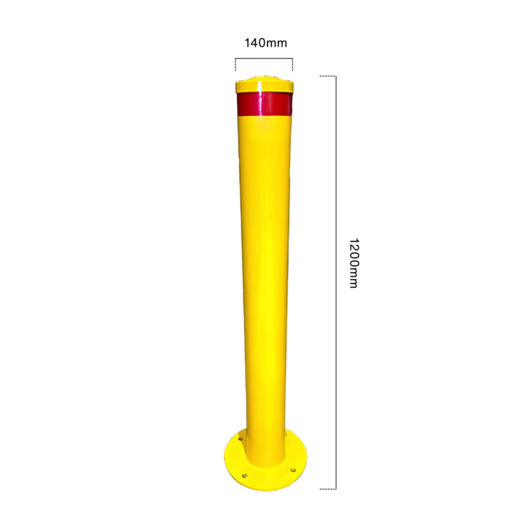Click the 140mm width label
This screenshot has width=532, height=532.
(x=265, y=43)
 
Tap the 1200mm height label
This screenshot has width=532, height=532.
(x=354, y=263)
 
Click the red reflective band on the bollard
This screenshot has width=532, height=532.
(x=264, y=104)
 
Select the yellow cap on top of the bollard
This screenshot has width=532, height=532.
(x=264, y=85)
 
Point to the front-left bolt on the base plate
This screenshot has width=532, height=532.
(x=244, y=476)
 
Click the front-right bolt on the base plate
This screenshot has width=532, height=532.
(x=293, y=470)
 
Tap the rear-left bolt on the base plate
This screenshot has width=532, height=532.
(x=241, y=439)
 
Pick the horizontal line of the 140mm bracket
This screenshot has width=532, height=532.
(x=264, y=59)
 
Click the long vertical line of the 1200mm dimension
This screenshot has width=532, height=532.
(x=336, y=283)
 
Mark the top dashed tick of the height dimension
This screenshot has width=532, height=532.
(x=328, y=76)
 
